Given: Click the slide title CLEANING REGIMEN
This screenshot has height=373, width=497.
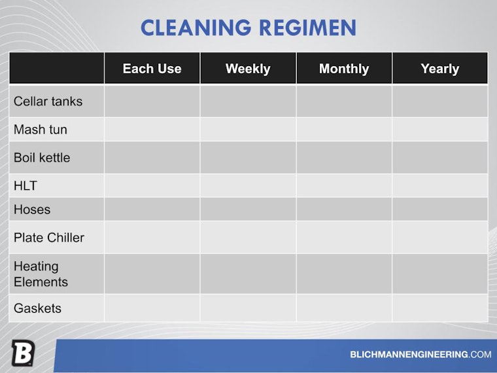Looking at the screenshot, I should (248, 27).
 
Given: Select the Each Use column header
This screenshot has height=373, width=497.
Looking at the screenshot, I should (152, 69).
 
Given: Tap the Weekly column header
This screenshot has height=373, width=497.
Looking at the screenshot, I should (248, 69).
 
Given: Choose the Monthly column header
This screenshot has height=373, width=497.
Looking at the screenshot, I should (344, 69).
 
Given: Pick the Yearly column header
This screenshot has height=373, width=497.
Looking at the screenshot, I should (439, 69).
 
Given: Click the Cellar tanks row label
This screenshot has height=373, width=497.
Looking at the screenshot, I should (48, 101).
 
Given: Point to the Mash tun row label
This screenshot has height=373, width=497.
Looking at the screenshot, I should (41, 130).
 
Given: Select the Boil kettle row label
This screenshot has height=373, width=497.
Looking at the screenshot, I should (42, 158).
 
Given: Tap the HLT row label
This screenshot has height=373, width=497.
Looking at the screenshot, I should (26, 186).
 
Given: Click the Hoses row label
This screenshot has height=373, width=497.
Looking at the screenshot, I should (32, 209).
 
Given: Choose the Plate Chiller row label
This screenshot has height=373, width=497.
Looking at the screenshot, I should (49, 238).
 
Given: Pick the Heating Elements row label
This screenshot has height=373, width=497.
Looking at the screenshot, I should (41, 274).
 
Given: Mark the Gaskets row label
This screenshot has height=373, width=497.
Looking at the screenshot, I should (37, 308).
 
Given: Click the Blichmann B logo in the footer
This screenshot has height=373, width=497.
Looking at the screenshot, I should (22, 354).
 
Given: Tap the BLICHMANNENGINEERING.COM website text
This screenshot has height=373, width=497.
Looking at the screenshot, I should (420, 355).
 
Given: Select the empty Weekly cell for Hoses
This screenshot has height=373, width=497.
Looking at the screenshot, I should (248, 209).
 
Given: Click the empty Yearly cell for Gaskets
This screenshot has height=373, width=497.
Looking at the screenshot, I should (439, 308).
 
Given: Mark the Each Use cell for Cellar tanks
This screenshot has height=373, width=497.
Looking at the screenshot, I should (152, 101).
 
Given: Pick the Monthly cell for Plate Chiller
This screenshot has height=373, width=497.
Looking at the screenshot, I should (344, 238).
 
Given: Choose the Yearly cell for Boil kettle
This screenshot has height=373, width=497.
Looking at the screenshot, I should (439, 158).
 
